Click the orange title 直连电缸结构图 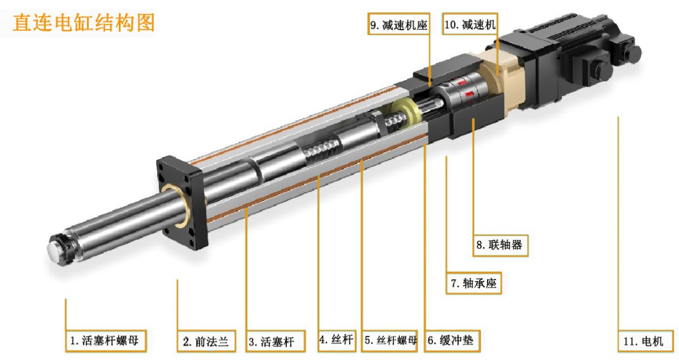coord(84,23)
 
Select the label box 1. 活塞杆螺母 coord(106,341)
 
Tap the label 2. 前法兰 coord(206,341)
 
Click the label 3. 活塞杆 coord(276,341)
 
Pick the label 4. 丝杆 coord(337,341)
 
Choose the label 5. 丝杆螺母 coord(389,341)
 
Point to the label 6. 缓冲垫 coord(452,341)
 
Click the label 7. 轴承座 coord(474,283)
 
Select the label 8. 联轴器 coord(500,245)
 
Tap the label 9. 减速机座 coord(399,24)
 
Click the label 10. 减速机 coord(470,24)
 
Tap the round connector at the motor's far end coord(632,53)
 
